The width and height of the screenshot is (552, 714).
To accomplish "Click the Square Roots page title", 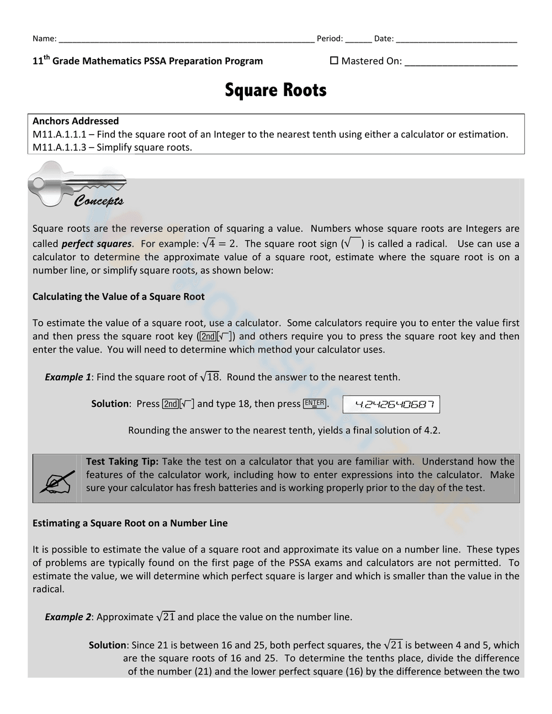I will click(275, 90).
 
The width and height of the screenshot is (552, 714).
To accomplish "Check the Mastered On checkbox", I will click(334, 61).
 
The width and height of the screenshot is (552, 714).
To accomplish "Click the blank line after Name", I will click(186, 40).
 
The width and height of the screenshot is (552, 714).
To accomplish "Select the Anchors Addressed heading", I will click(76, 121).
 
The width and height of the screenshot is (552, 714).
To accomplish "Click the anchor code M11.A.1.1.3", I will click(59, 147).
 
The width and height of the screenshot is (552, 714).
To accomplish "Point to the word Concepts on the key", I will click(99, 201).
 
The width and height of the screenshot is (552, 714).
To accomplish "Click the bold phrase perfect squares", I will click(97, 244).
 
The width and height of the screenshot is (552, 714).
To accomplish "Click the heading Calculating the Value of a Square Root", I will click(118, 297).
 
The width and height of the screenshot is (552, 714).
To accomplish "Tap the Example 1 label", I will click(68, 377).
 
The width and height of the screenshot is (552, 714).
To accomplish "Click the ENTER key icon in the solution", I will click(315, 404).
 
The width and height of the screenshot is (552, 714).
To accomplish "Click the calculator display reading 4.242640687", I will click(391, 404).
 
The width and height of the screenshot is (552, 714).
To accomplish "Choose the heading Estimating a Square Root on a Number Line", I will click(130, 523).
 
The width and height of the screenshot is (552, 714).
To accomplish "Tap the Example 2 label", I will click(68, 617).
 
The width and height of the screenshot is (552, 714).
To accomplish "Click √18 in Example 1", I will click(210, 377).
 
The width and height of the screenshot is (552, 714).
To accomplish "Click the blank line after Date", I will click(457, 40).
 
